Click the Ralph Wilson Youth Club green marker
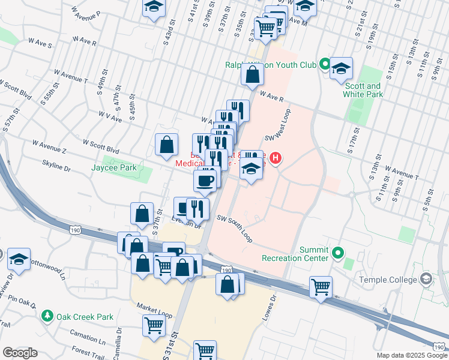pos(325,63)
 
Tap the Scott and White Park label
pos(363,90)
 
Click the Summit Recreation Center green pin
pos(337,252)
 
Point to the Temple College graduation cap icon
pos(426,279)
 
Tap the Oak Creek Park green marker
pos(47,316)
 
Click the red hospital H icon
pos(275,158)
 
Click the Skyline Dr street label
pos(56,166)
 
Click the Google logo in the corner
pos(20,352)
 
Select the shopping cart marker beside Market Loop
pos(154,325)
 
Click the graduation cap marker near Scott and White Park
pos(341,68)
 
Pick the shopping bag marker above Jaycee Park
pos(166,144)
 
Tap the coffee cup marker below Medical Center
pos(205,180)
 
